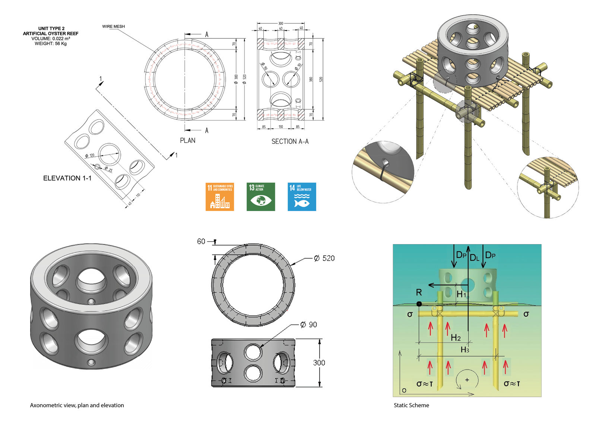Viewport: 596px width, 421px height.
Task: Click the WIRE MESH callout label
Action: coord(113,26)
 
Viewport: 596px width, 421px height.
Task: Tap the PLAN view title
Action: coord(187,140)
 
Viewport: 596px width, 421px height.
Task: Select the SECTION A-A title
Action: coord(290,141)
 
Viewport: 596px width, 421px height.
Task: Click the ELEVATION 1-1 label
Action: coord(67,178)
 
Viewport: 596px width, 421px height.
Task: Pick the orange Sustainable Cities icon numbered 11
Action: coord(220,197)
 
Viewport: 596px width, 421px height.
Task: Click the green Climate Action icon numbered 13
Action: coord(261,197)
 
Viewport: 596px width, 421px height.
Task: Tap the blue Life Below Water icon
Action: coord(302,197)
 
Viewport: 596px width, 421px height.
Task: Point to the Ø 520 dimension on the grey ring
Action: coord(324,258)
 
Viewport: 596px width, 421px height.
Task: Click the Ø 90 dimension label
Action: coord(309,325)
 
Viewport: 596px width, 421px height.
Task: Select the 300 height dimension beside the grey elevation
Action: coord(319,363)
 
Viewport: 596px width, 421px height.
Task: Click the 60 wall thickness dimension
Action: coord(201,241)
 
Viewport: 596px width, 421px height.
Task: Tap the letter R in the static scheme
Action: coord(419,293)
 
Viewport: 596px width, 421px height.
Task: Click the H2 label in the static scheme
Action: coord(456,338)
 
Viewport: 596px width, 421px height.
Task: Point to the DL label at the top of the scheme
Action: coord(474,258)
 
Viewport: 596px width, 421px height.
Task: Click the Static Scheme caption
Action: coord(411,405)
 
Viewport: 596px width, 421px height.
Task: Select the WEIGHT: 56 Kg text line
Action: coord(51,44)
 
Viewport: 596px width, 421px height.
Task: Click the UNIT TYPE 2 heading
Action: coord(51,28)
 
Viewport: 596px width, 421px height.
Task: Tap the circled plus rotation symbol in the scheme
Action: coord(467,380)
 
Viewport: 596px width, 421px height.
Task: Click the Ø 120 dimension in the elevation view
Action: coord(90,155)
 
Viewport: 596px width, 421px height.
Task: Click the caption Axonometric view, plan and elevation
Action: coord(77,405)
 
